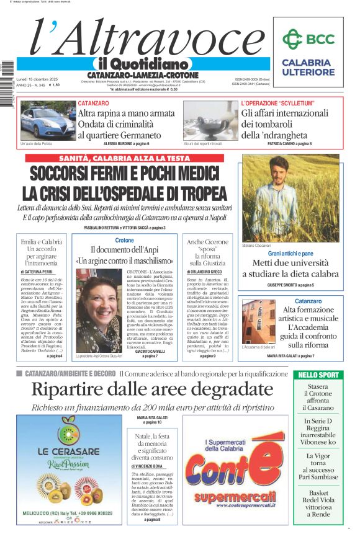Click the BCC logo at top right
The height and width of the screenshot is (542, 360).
tap(308, 40)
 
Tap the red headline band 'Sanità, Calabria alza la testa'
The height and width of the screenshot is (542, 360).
tap(125, 158)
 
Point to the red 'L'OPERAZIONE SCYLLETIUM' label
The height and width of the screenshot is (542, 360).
tap(277, 103)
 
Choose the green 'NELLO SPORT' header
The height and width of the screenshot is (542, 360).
tap(318, 375)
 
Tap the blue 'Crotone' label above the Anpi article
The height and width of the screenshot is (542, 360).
tap(124, 240)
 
